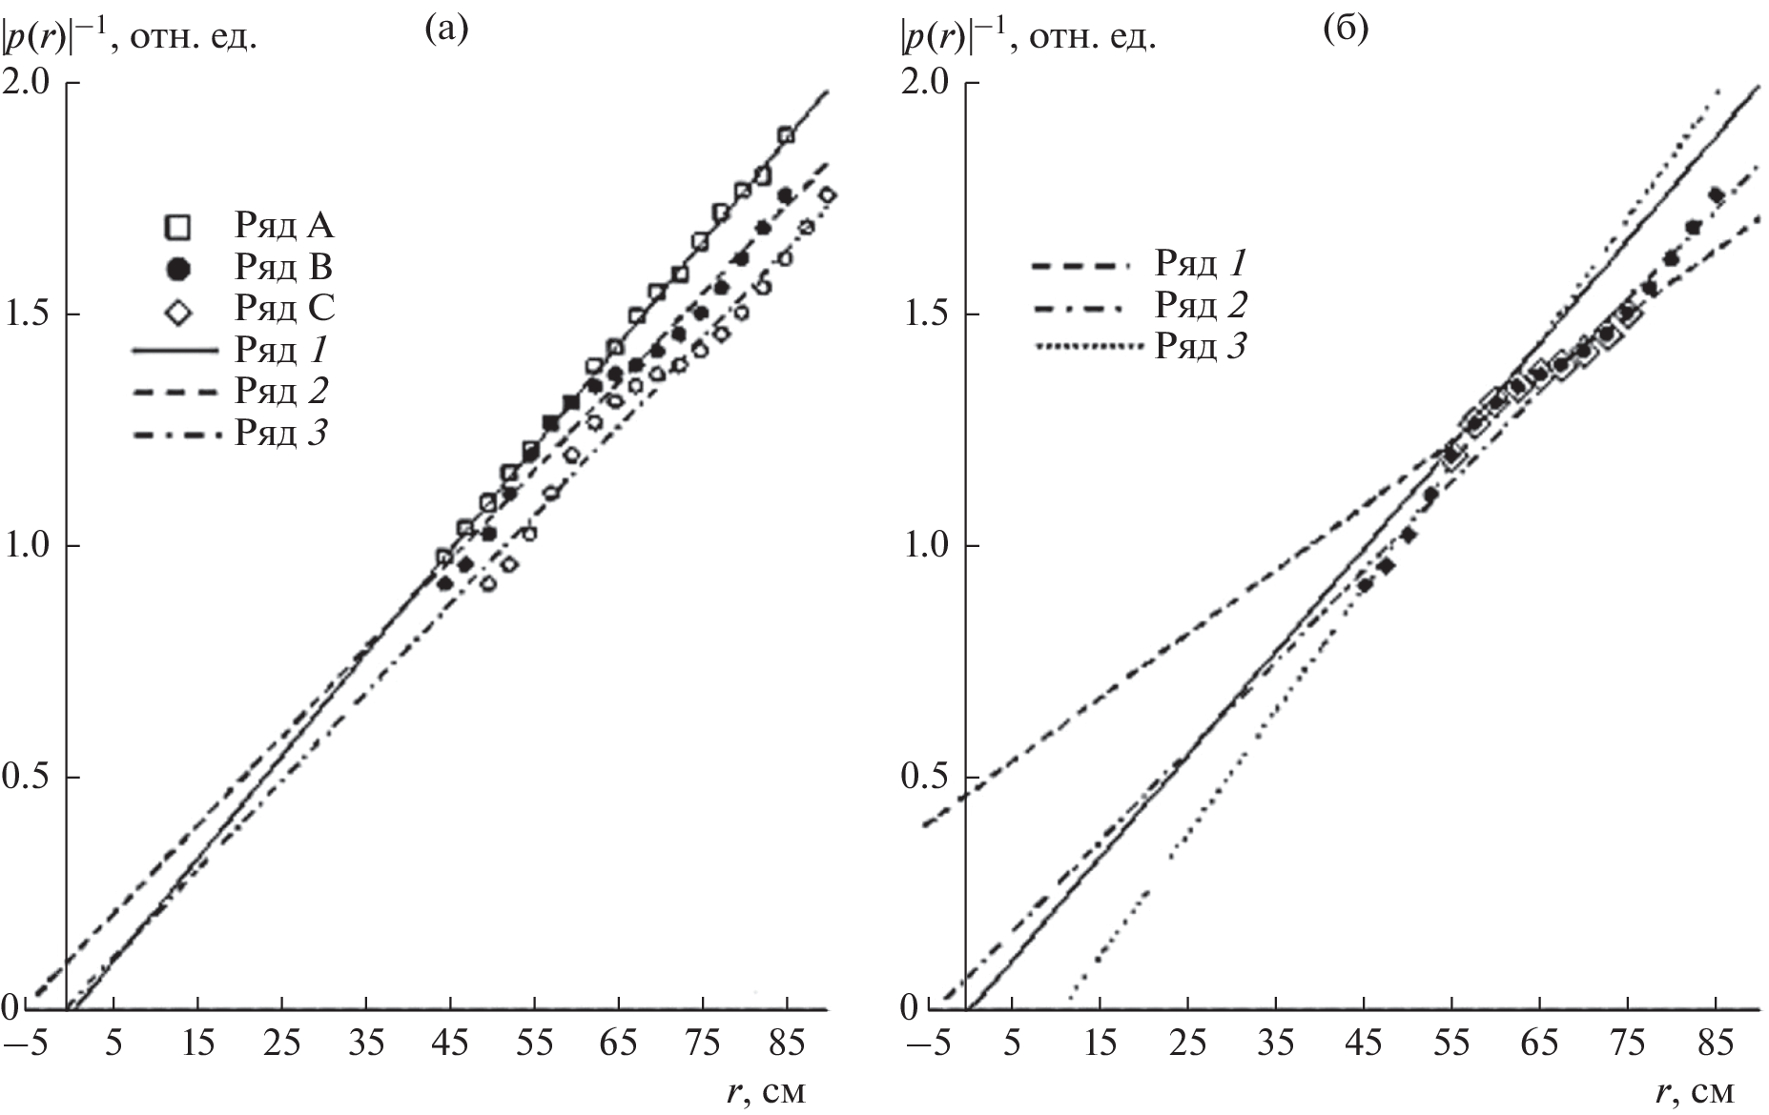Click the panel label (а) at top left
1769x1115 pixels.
[446, 30]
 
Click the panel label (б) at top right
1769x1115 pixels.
[1346, 30]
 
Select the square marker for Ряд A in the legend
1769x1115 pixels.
[179, 227]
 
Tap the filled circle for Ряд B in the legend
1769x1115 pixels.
[179, 269]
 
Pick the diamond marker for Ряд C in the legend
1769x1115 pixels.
[179, 310]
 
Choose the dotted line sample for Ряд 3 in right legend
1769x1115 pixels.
[1087, 347]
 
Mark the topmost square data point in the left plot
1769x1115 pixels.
[786, 135]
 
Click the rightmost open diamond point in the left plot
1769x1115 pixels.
[827, 195]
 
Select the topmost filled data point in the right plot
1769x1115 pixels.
[1716, 195]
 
